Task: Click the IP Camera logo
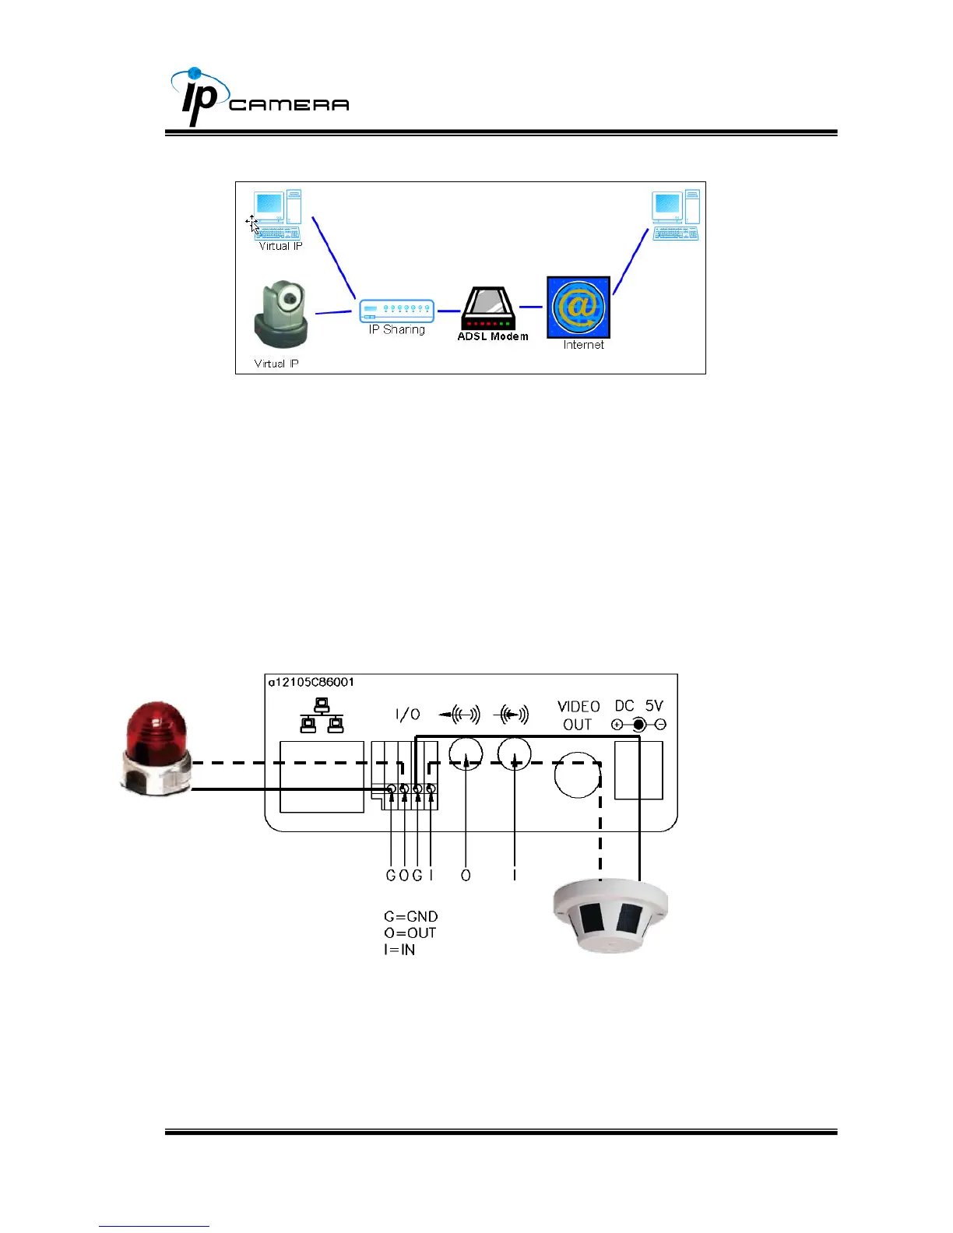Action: point(258,98)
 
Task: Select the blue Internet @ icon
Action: point(578,307)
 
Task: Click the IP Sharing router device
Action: point(396,311)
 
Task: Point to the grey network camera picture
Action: point(280,316)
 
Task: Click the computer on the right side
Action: point(675,215)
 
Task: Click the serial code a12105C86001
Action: point(311,682)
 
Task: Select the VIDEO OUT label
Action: point(578,715)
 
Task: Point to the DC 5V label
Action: point(638,705)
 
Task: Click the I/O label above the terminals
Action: point(408,714)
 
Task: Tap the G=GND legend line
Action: point(410,916)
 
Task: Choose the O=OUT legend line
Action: point(410,933)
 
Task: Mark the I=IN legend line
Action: point(399,950)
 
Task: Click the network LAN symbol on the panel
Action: point(322,715)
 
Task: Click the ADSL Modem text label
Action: point(493,336)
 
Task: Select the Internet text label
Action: point(583,345)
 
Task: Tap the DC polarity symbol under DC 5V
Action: point(638,725)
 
